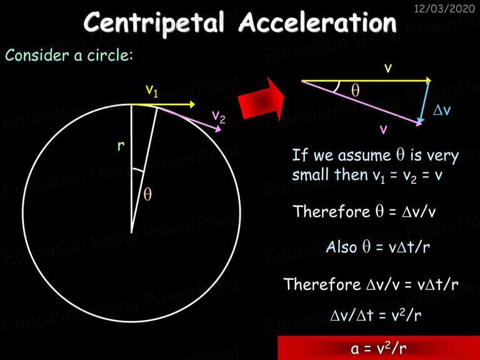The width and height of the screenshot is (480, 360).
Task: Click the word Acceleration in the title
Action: (317, 22)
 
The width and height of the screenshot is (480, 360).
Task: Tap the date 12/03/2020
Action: (444, 8)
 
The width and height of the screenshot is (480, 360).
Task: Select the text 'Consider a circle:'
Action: (69, 56)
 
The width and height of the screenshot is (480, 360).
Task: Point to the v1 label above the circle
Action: (152, 90)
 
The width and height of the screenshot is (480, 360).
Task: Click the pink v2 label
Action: (219, 116)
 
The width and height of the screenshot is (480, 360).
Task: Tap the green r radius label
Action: (121, 146)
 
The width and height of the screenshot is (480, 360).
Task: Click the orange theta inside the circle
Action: (147, 194)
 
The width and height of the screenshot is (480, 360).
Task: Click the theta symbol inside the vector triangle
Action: (356, 90)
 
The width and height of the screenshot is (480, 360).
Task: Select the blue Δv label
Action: (442, 109)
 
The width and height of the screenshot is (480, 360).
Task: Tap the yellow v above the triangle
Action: (388, 68)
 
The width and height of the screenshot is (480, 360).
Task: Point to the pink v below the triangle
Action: (383, 129)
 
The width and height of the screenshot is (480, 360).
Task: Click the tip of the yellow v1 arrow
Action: (195, 104)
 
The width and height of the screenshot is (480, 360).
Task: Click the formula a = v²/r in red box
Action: (379, 347)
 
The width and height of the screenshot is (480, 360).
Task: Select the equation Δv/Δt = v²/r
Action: (376, 314)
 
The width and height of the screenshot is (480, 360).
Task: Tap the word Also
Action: (341, 247)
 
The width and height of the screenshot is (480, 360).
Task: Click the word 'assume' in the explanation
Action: (364, 156)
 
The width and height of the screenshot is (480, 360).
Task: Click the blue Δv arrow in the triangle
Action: (425, 102)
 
